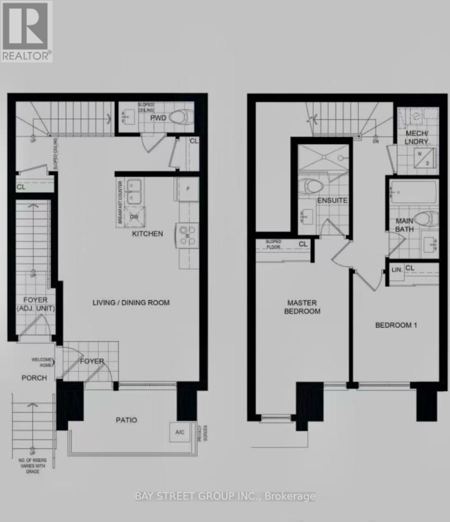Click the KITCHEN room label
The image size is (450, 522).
click(148, 234)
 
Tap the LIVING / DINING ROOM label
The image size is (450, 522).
click(131, 303)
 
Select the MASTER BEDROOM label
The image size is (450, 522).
click(302, 307)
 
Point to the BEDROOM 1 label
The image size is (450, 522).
click(396, 325)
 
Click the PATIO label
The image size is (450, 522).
click(126, 420)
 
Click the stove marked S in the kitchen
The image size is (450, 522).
click(187, 235)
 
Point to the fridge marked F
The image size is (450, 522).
click(188, 189)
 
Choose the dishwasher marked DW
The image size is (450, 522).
click(134, 217)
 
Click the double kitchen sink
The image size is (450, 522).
click(134, 191)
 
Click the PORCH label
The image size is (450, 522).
click(34, 378)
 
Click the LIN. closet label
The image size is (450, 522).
click(397, 270)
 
